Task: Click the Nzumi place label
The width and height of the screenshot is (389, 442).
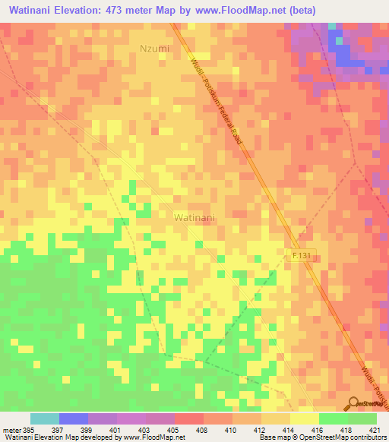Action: [x=153, y=49]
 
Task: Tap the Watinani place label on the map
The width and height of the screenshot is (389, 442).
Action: [x=194, y=217]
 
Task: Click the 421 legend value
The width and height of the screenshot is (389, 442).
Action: [x=376, y=429]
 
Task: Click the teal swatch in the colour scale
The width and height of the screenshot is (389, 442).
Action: [x=45, y=418]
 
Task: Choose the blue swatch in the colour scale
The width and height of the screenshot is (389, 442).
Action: [x=74, y=418]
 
